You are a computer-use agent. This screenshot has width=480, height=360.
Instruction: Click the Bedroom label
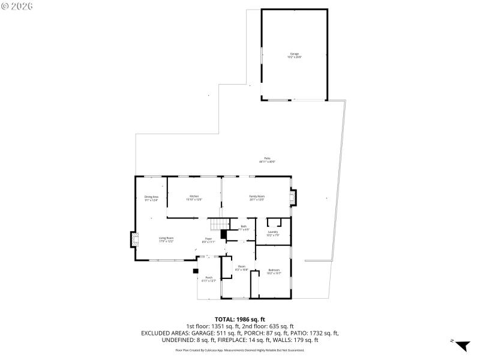[274, 272]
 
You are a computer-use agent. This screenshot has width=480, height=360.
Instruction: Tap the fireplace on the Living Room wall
[134, 241]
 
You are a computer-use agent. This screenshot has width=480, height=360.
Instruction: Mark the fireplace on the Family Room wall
[293, 198]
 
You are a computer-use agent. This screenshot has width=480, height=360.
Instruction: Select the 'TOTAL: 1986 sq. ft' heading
[240, 319]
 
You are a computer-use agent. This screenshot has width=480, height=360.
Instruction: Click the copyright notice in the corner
[17, 5]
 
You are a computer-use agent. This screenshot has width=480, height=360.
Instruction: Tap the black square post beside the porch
[196, 271]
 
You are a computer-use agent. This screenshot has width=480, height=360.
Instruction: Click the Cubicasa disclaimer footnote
[240, 350]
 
